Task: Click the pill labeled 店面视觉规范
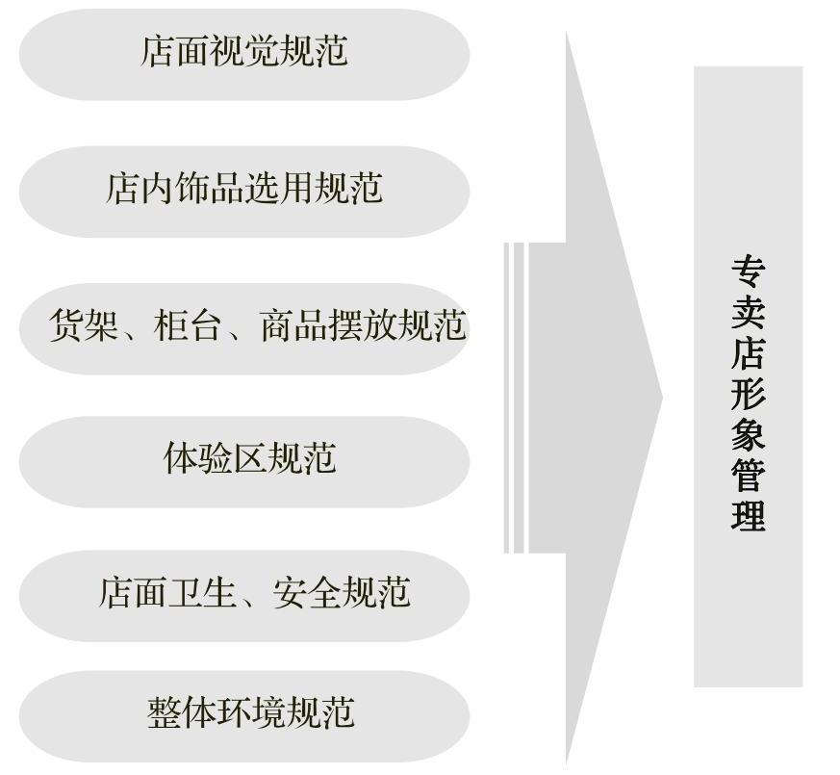tap(243, 53)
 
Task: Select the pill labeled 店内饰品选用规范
tap(243, 190)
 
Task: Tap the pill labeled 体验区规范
tap(243, 460)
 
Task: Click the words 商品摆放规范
tap(363, 326)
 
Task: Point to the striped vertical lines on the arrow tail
tap(515, 398)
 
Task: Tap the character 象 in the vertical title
tap(748, 434)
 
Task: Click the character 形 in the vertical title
tap(748, 394)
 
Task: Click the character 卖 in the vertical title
tap(748, 314)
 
